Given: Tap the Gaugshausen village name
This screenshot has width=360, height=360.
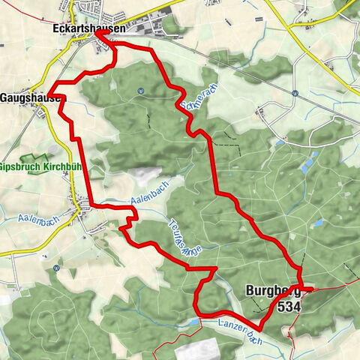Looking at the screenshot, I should [x=33, y=97].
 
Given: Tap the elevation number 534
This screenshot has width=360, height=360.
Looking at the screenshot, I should [x=287, y=307].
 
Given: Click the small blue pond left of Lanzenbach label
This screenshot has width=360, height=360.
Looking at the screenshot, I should [x=194, y=321].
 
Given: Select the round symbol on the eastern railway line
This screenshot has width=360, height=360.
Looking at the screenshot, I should [x=295, y=94].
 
